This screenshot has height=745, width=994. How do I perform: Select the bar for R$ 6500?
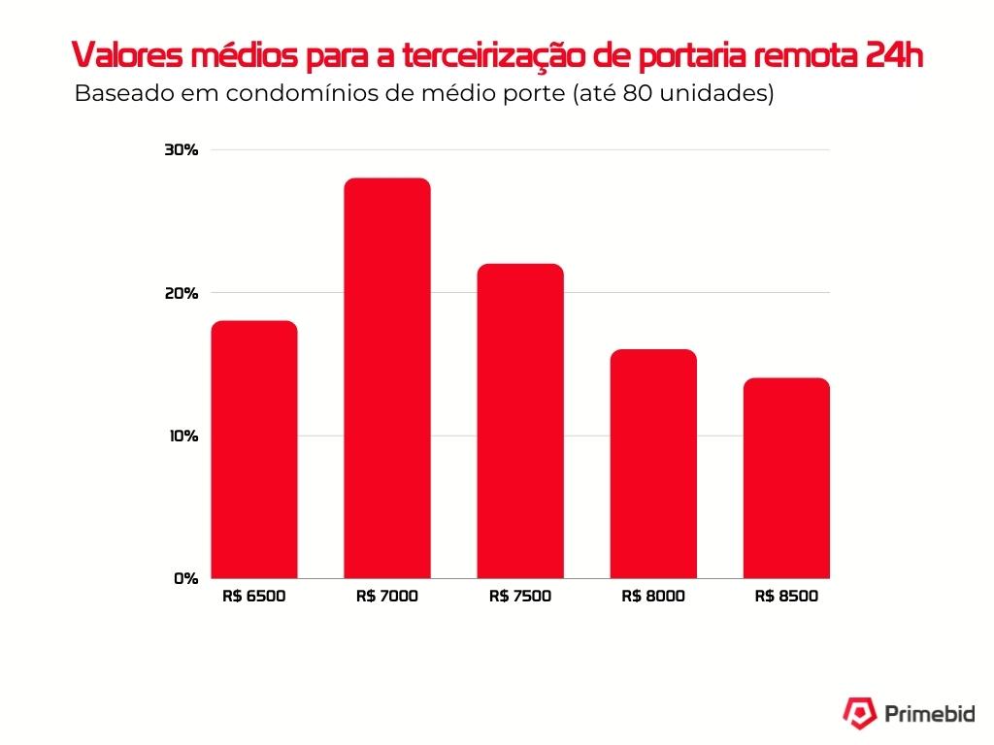coord(254,449)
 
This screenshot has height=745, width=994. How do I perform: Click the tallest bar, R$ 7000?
coord(387,378)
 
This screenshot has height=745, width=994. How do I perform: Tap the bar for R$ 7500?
coord(520,421)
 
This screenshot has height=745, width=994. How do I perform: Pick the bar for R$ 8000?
coord(653,464)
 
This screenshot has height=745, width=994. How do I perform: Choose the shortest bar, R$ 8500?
coord(786,478)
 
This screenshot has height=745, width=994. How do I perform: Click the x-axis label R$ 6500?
coord(254,597)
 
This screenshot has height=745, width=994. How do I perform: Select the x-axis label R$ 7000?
coord(387,597)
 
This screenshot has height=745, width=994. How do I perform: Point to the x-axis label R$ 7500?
coord(520,597)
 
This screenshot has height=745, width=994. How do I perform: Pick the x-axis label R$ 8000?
coord(653,597)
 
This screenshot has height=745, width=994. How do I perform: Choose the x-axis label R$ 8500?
coord(786,597)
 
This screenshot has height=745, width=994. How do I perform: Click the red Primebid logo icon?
coord(858,713)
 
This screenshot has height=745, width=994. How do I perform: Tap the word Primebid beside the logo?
coord(930,714)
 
